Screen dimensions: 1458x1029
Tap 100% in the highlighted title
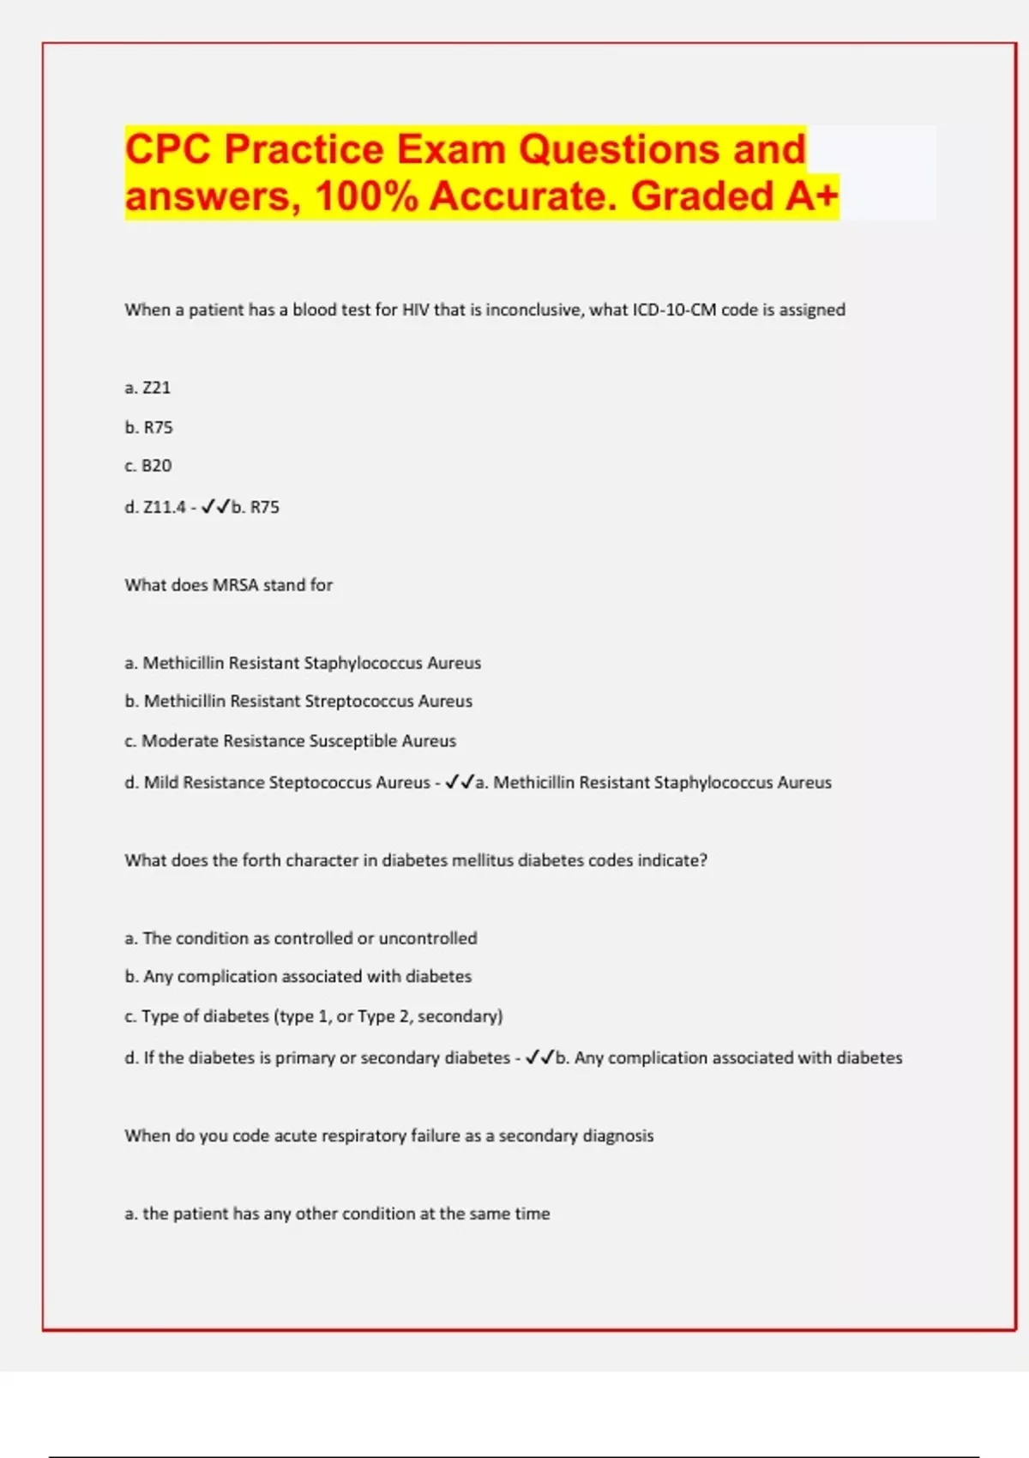tap(366, 196)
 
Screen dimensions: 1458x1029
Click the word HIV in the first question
tap(416, 310)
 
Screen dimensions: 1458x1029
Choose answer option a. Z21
tap(147, 388)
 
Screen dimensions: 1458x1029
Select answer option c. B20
tap(147, 466)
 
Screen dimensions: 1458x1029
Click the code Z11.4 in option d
tap(164, 507)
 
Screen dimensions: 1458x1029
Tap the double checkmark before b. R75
tap(215, 507)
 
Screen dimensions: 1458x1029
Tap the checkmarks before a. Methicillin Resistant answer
tap(460, 782)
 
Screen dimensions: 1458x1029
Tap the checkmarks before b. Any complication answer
tap(540, 1057)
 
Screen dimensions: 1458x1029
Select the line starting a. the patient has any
tap(337, 1214)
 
